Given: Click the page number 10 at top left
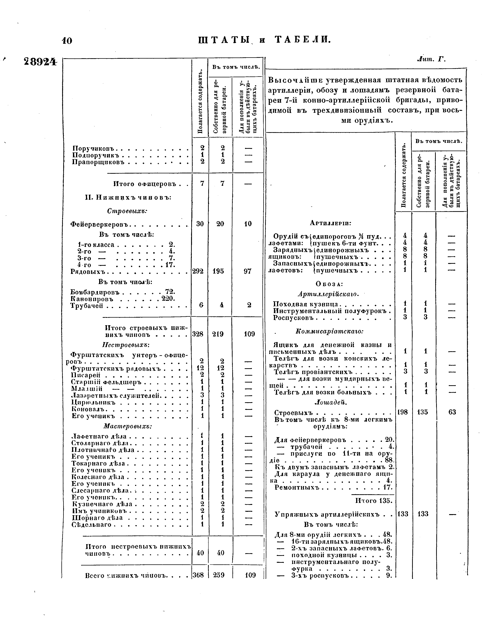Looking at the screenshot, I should click(x=67, y=40).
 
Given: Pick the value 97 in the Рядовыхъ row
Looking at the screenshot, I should click(x=248, y=271).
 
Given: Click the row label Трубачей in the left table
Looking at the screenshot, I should click(x=87, y=306).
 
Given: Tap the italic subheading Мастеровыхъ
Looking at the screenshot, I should click(x=127, y=426).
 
